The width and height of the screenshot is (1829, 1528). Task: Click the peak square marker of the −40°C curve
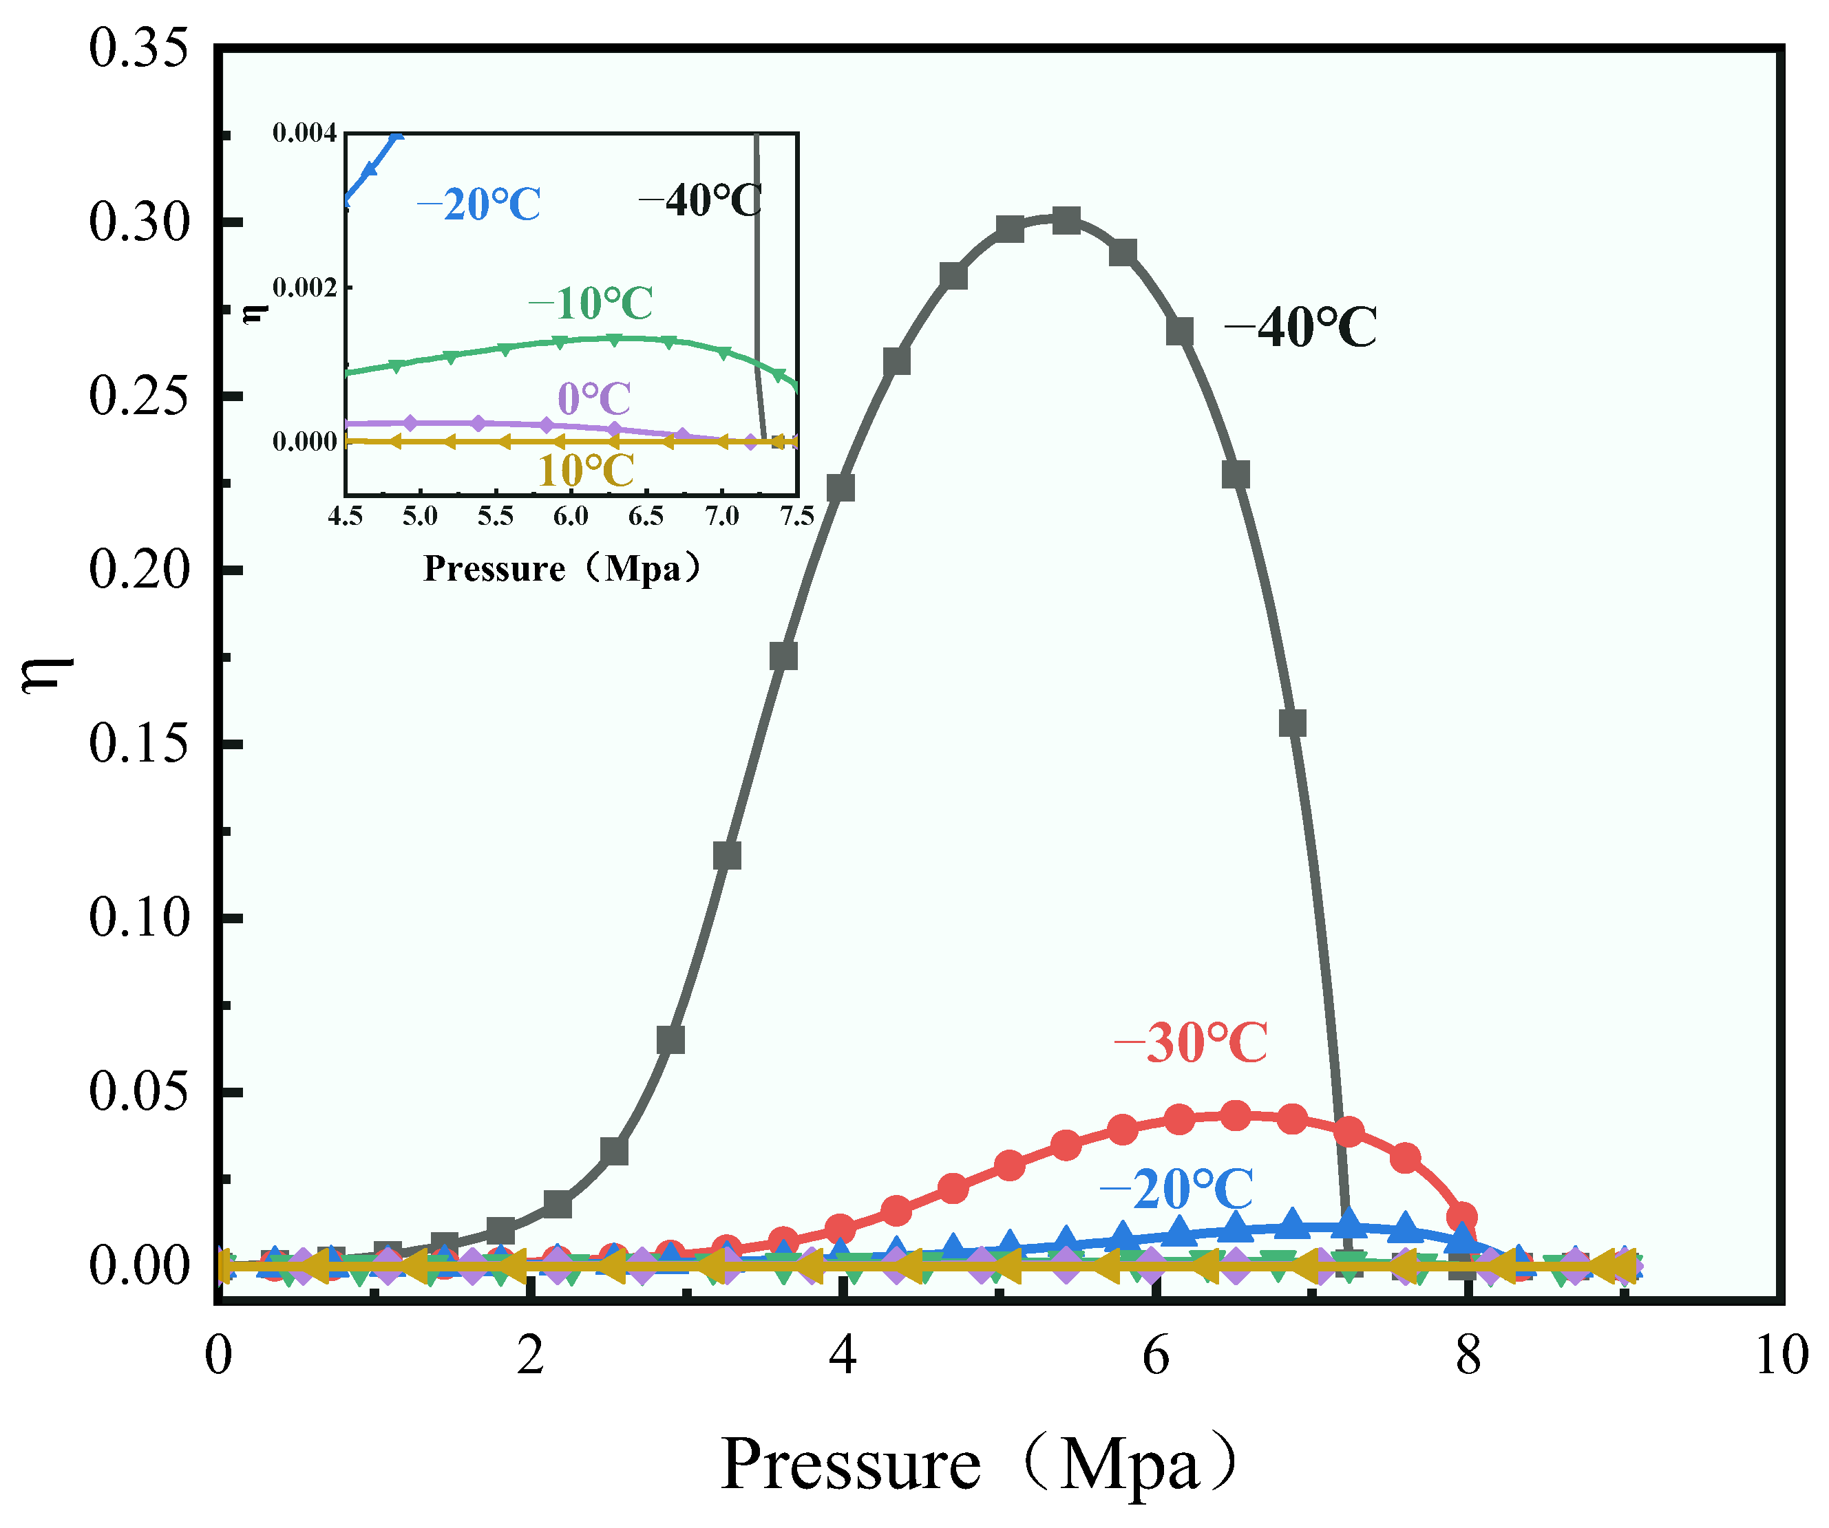click(1066, 221)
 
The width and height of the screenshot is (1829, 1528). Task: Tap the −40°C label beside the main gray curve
click(1301, 328)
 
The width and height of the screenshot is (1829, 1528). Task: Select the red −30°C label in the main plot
click(1191, 1043)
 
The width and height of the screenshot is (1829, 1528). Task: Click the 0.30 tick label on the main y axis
click(139, 223)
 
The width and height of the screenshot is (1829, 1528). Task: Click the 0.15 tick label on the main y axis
click(139, 745)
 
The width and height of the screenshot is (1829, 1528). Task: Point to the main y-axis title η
click(48, 675)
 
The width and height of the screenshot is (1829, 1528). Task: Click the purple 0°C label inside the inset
click(594, 399)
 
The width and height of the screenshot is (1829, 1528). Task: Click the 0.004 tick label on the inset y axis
click(304, 133)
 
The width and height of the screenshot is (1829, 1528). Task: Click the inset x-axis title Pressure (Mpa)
click(562, 568)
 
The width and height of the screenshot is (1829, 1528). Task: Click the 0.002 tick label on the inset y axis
click(304, 288)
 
